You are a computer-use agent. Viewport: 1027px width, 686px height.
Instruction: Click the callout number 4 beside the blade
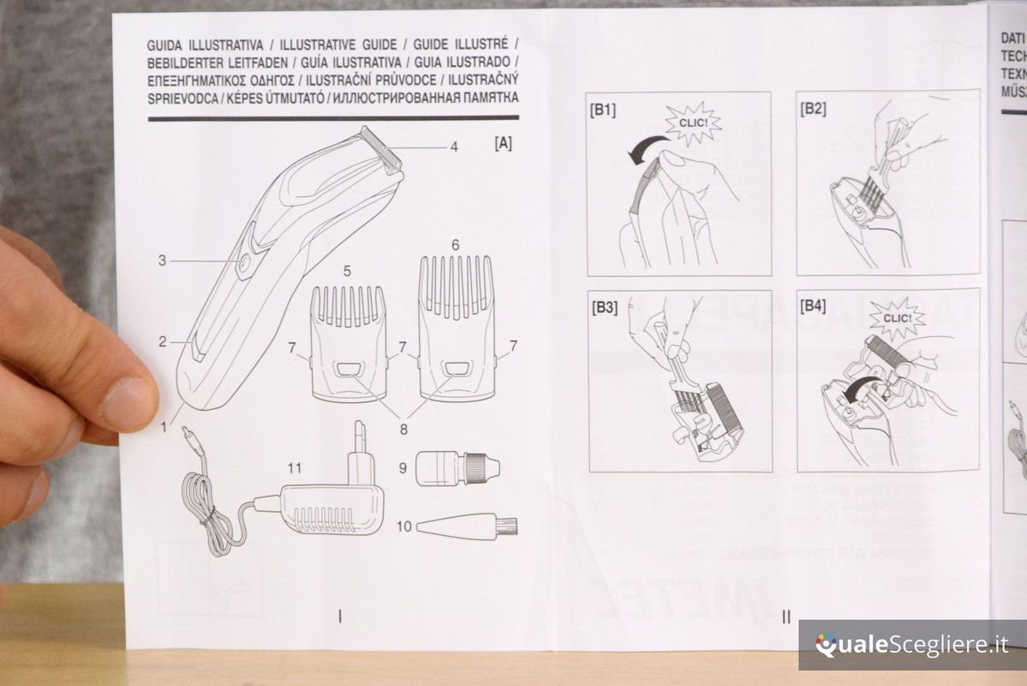point(454,147)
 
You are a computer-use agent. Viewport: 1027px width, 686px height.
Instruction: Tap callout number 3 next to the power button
point(162,261)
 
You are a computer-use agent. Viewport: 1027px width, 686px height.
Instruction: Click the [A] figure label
point(503,144)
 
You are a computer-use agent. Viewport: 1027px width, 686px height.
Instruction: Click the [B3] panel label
point(603,307)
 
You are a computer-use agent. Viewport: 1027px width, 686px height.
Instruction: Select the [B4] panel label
point(813,306)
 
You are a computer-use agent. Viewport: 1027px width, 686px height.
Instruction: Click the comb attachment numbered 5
point(348,343)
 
